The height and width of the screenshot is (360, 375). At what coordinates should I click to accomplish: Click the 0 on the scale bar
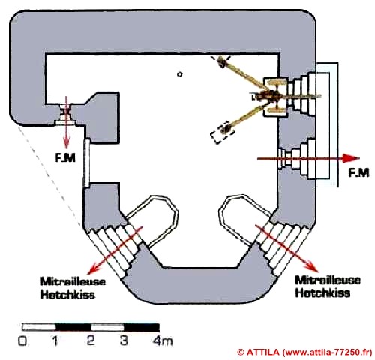click(23, 340)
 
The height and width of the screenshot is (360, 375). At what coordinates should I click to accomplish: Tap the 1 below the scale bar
click(55, 340)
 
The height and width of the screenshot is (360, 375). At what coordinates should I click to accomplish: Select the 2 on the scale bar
click(91, 340)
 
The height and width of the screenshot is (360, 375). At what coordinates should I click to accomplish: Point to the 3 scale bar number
click(124, 340)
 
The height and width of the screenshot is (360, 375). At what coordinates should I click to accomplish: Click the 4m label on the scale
click(163, 340)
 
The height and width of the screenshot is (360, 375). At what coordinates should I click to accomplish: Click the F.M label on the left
click(65, 157)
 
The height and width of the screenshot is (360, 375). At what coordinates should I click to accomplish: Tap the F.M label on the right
click(358, 172)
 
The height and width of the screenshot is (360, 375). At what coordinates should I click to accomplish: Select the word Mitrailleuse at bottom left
click(73, 281)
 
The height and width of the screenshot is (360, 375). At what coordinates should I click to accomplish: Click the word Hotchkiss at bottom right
click(322, 292)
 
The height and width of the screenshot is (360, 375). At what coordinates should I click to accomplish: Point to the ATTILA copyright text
click(304, 352)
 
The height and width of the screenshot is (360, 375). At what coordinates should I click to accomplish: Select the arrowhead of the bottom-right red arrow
click(313, 266)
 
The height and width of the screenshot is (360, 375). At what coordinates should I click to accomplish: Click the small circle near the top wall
click(179, 74)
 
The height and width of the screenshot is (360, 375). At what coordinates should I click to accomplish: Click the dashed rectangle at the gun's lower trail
click(223, 133)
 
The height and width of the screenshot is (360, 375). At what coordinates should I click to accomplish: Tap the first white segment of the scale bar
click(39, 327)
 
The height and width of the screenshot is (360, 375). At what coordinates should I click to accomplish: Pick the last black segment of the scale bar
click(142, 327)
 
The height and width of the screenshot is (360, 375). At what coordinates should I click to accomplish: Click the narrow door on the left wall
click(86, 163)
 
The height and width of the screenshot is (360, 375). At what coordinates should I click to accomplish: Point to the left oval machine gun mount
click(153, 220)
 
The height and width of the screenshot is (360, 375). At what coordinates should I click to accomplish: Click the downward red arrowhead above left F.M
click(66, 143)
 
